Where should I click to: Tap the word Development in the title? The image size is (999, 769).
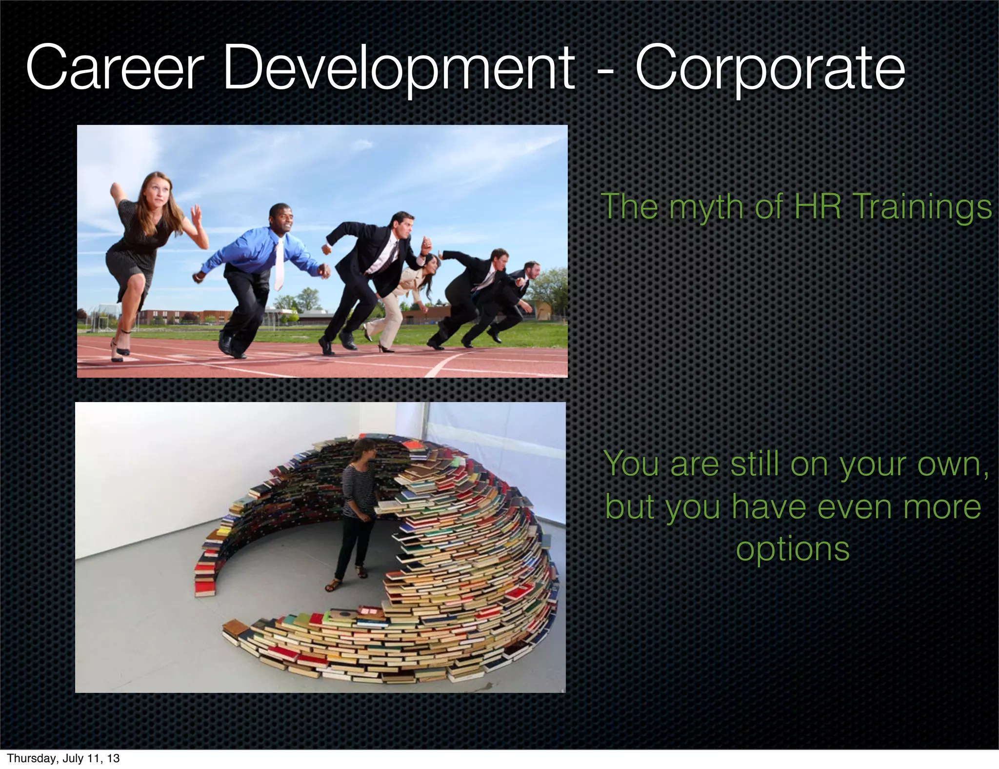point(399,68)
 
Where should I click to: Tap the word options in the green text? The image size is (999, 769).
point(793,549)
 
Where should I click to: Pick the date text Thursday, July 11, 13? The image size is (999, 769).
point(63,758)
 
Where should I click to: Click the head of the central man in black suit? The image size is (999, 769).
point(404,225)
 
